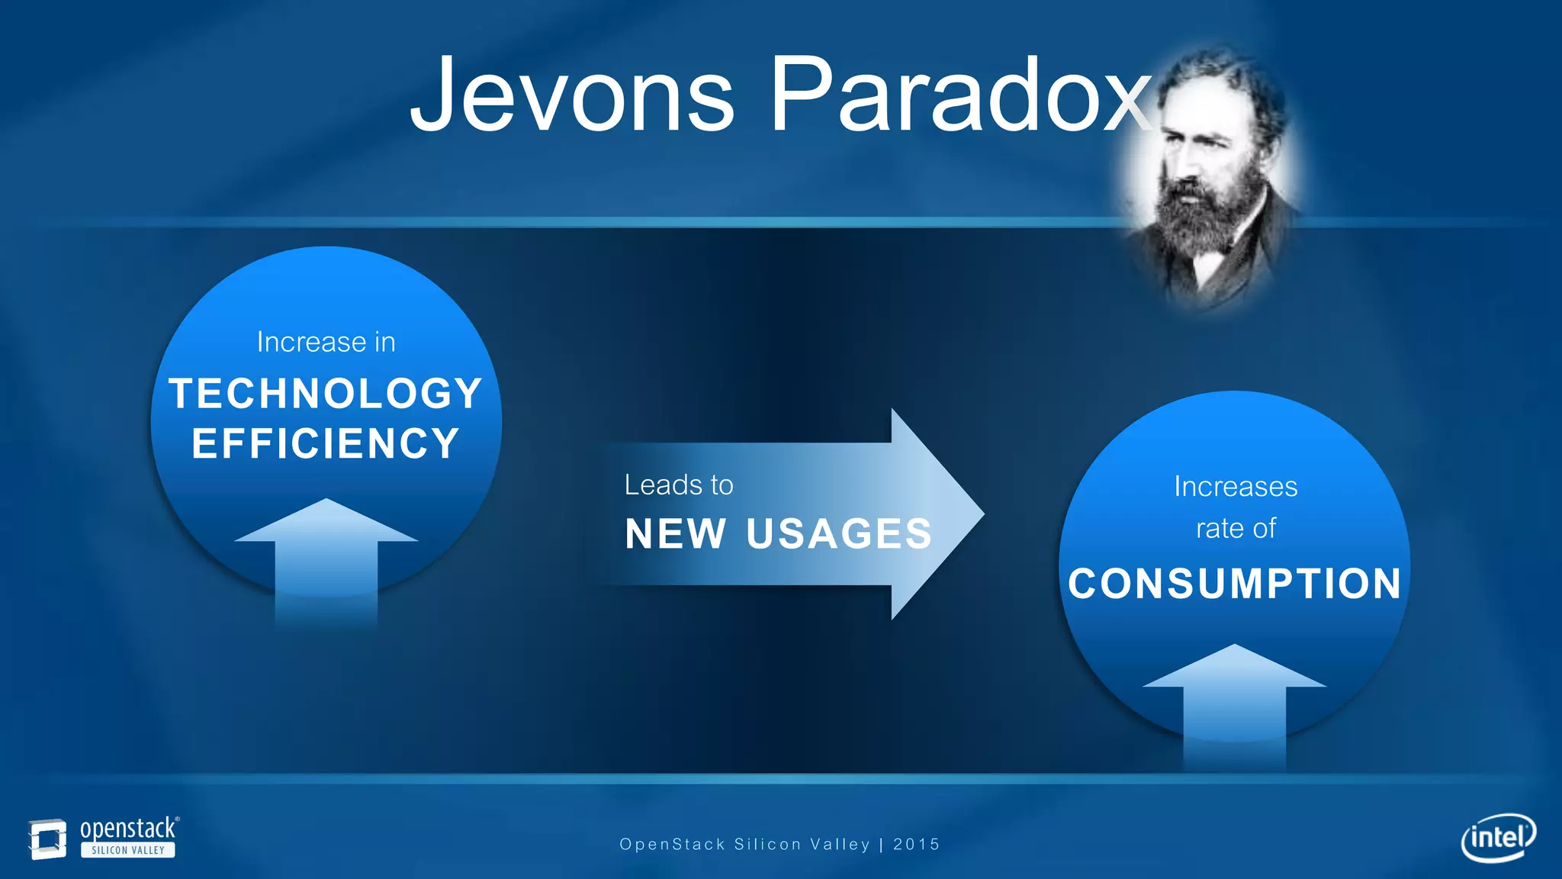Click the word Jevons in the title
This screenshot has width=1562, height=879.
pos(572,95)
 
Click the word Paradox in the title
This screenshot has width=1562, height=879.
pos(961,95)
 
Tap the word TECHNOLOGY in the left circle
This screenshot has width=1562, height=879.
pos(326,394)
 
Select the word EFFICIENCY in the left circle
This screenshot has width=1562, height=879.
pos(326,443)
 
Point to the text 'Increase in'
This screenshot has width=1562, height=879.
pos(326,342)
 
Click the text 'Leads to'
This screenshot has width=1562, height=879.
pos(679,485)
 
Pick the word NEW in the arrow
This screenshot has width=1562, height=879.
pos(675,533)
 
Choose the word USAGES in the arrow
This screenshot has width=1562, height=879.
pos(839,533)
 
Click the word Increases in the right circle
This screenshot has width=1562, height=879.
pos(1236,487)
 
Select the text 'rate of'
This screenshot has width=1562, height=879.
pos(1236,528)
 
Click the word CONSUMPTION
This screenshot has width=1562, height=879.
pos(1235,584)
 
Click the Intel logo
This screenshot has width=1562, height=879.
pos(1498,838)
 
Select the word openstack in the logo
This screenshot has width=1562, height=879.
pos(128,829)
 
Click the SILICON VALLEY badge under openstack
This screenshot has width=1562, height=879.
pos(128,850)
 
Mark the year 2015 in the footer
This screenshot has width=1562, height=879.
pos(916,845)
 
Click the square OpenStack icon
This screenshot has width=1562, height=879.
pos(47,839)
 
